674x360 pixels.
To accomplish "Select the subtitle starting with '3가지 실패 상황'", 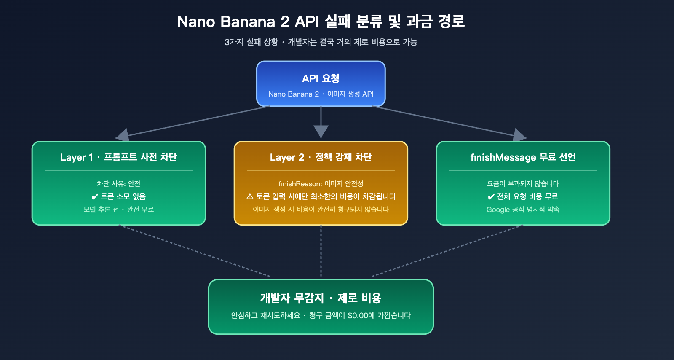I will tap(321, 42).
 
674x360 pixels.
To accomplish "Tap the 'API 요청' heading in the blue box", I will tap(321, 78).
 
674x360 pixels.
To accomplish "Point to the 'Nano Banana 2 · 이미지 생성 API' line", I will tap(321, 94).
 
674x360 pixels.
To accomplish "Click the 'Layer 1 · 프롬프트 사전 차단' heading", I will tap(118, 157).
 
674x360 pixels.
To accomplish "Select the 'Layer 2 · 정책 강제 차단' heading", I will tap(321, 157).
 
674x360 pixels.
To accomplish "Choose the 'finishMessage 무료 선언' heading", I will tap(523, 157).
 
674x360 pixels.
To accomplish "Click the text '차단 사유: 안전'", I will tap(118, 184).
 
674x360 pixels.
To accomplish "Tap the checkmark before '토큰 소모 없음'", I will tap(95, 197).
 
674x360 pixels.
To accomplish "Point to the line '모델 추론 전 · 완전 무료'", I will tap(118, 210).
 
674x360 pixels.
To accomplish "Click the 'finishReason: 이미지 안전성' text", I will tap(321, 184).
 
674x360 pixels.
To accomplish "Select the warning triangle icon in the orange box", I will tap(250, 197).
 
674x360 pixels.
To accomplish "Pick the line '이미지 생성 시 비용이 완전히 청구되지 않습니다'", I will tap(321, 210).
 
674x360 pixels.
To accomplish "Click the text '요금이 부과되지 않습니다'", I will tap(523, 184).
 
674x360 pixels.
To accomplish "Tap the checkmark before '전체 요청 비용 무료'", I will tap(491, 197).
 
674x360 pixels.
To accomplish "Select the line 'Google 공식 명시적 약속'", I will tap(523, 210).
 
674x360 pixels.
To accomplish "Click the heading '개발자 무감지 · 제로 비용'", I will tap(321, 298).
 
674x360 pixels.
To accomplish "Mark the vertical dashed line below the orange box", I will tap(321, 251).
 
